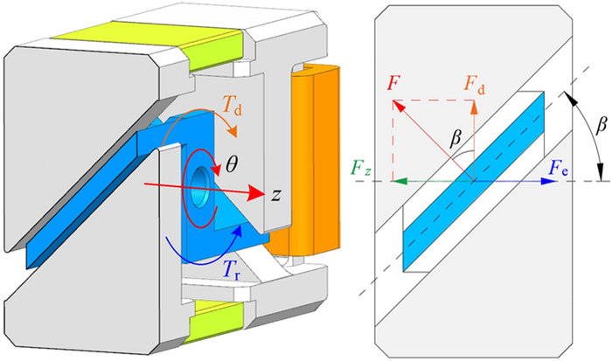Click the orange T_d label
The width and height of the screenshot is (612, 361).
206,108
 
